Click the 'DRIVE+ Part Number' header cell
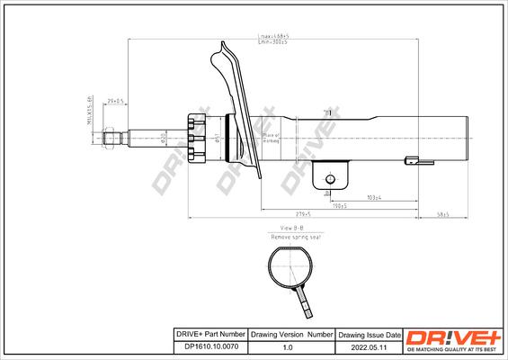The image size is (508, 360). pyautogui.click(x=209, y=332)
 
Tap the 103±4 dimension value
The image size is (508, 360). pyautogui.click(x=377, y=196)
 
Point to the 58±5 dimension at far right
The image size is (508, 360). pyautogui.click(x=442, y=214)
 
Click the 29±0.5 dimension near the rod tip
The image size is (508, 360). pyautogui.click(x=115, y=102)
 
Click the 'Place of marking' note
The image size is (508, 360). pyautogui.click(x=270, y=137)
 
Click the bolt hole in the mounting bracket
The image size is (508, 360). pyautogui.click(x=330, y=178)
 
